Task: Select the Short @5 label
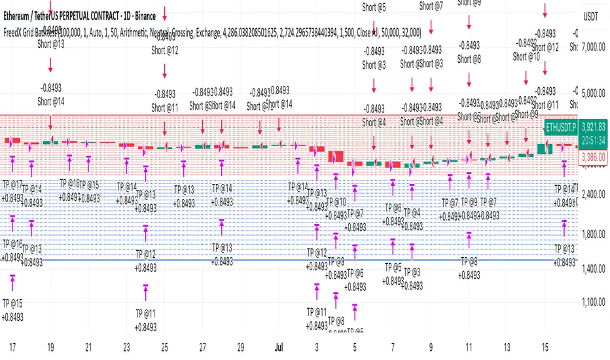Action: [x=374, y=8]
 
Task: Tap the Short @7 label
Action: [x=431, y=7]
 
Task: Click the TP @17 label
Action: [x=13, y=185]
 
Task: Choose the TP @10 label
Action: [x=336, y=202]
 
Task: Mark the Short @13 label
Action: [x=51, y=45]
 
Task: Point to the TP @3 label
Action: [x=412, y=272]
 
